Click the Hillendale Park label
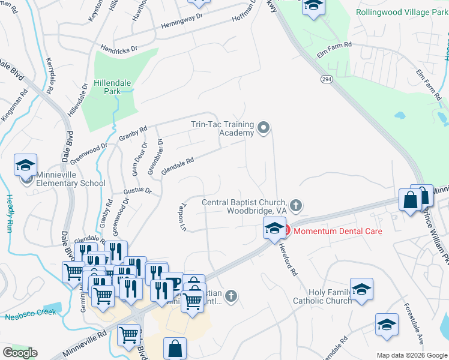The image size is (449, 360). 107,87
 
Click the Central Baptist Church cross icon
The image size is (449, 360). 295,206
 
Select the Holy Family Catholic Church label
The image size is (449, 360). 322,296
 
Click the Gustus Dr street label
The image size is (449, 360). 137,191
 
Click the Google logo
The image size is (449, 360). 20,353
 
